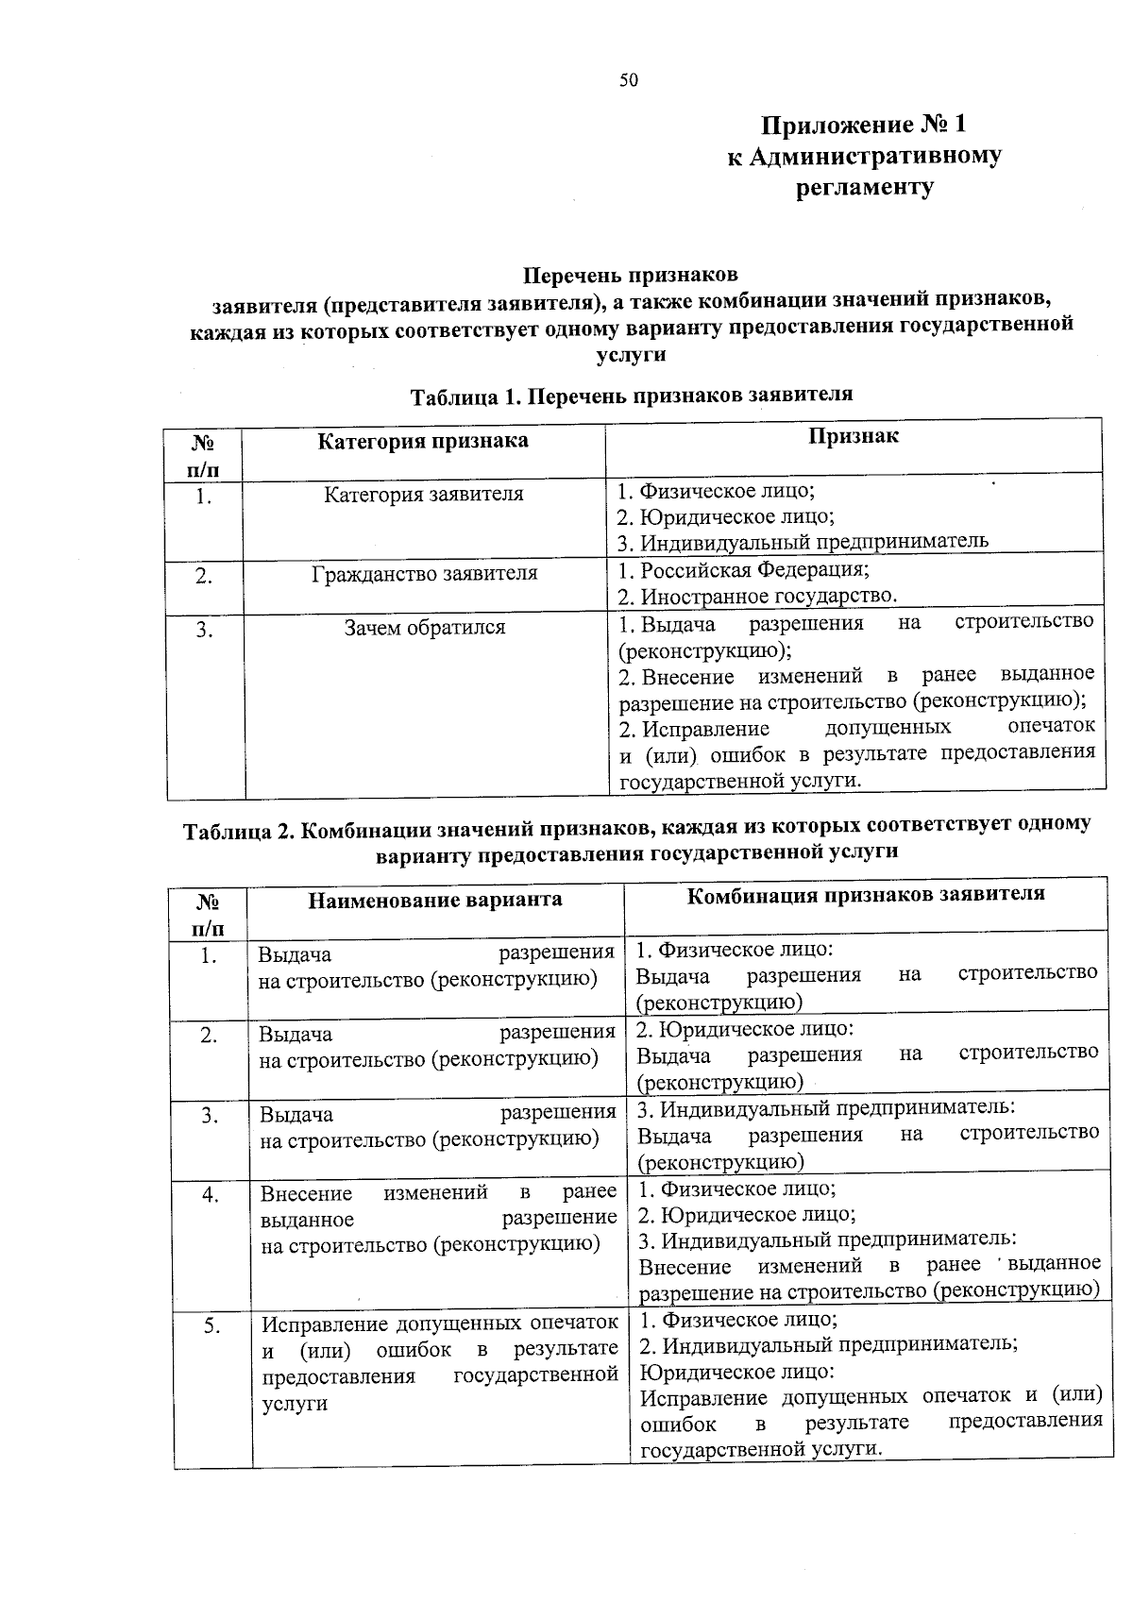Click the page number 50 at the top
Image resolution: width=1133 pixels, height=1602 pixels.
[628, 80]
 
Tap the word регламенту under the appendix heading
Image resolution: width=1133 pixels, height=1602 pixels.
[864, 187]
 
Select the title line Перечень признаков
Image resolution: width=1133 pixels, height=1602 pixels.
[631, 276]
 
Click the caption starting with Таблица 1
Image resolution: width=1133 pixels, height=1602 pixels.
[631, 395]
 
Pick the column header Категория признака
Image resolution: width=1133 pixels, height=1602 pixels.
[422, 441]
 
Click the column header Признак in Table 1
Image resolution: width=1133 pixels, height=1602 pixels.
[853, 435]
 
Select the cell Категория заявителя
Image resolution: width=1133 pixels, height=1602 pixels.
[423, 495]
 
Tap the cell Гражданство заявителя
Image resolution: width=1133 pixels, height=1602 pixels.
[424, 574]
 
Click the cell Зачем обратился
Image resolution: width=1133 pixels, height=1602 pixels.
[424, 628]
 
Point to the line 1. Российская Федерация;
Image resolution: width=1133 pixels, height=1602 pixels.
[743, 570]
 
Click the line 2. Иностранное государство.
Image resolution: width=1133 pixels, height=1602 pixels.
[756, 597]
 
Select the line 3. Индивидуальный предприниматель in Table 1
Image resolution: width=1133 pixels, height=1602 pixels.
[803, 542]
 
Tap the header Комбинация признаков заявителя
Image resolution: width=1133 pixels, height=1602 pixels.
[865, 894]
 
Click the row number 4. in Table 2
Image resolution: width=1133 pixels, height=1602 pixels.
[210, 1195]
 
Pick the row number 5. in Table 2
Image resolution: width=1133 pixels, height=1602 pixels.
[211, 1326]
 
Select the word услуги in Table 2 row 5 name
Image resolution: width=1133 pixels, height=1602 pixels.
[294, 1404]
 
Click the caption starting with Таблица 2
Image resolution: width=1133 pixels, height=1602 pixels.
[636, 837]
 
